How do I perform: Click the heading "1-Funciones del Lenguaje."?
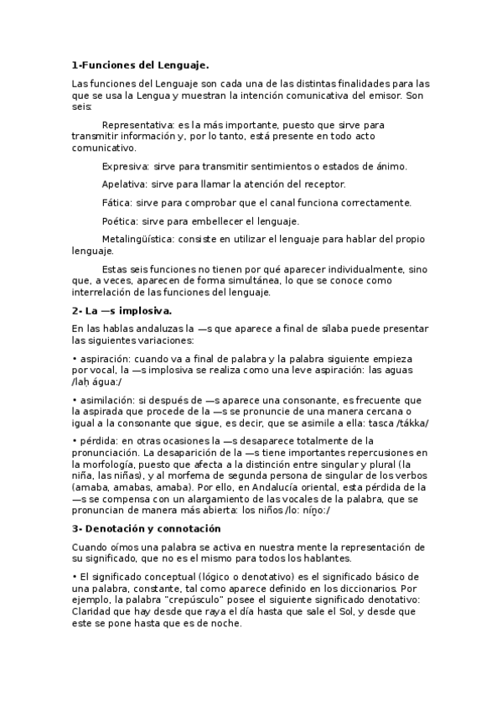tap(140, 65)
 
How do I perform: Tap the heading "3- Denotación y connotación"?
tap(146, 529)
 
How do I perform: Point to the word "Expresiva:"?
tap(125, 166)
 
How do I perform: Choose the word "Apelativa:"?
tap(125, 184)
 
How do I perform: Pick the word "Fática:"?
tap(116, 202)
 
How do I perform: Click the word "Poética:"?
tap(120, 221)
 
